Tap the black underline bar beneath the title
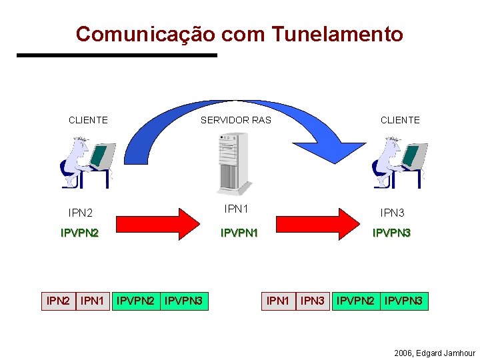(x=117, y=55)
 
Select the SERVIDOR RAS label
(x=236, y=120)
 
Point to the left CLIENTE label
(x=88, y=120)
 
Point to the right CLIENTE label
(x=400, y=120)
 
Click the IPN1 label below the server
(x=237, y=209)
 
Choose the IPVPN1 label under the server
(x=239, y=233)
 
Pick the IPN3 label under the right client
(x=392, y=213)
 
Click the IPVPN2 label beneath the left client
(x=79, y=233)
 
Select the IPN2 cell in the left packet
(x=58, y=301)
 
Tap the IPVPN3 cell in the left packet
(x=183, y=301)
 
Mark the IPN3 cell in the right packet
(x=312, y=301)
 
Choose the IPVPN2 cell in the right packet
(x=355, y=301)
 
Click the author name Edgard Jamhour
(x=445, y=353)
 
